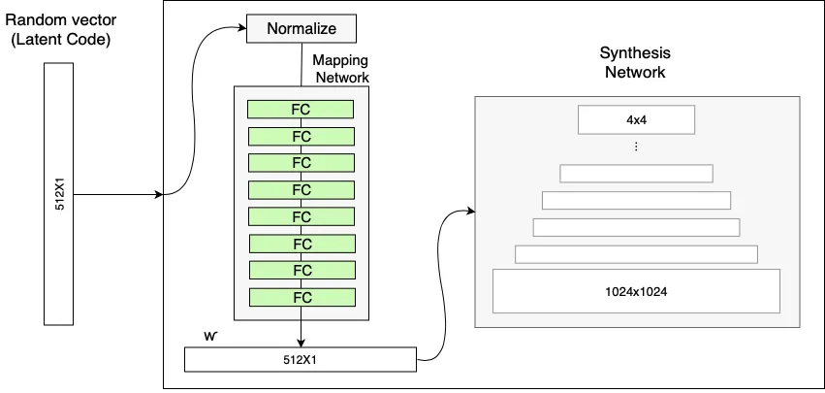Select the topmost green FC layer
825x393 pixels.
[301, 109]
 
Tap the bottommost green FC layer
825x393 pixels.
[301, 297]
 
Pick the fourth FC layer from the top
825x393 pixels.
[301, 189]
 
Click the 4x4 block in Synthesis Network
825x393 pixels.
[636, 119]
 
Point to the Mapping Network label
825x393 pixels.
[340, 69]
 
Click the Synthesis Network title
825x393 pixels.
[635, 62]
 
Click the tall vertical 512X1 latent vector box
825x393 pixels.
[58, 194]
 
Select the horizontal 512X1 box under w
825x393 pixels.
[301, 359]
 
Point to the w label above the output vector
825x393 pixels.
[210, 336]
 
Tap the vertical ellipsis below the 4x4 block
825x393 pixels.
[636, 147]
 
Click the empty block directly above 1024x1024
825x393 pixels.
[636, 254]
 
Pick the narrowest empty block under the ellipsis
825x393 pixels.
[636, 173]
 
